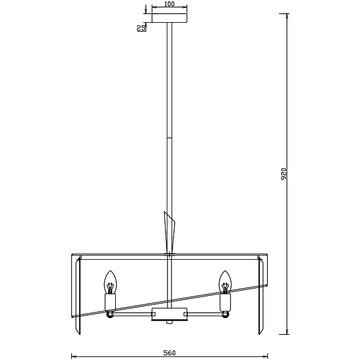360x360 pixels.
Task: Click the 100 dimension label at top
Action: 169,4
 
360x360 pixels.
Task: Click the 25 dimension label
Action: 141,28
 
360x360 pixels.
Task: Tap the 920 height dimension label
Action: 284,174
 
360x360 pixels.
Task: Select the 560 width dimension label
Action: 169,353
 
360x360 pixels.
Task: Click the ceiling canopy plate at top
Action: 169,18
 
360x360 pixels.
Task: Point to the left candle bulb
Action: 110,282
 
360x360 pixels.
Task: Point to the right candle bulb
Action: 225,282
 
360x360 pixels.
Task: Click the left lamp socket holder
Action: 110,302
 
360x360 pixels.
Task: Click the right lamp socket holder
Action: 225,302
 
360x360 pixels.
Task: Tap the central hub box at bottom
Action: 169,314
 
